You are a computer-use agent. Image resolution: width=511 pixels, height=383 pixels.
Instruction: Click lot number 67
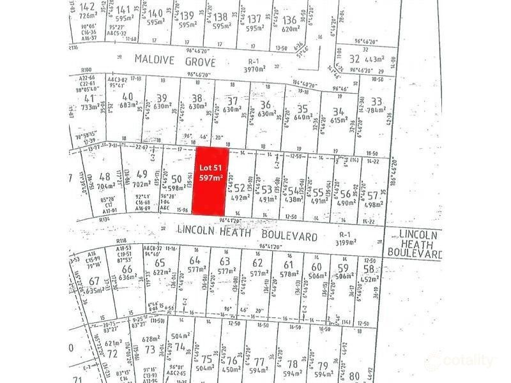coord(94,281)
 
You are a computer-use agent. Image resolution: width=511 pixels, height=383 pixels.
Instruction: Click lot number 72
coord(112,352)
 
